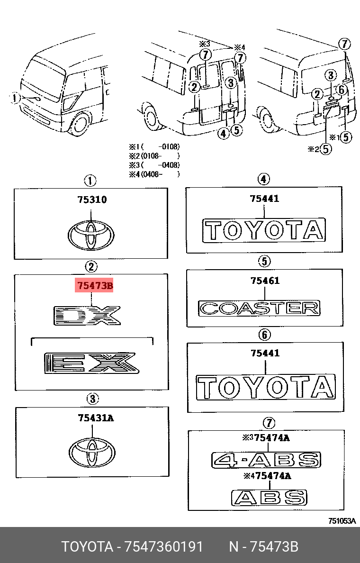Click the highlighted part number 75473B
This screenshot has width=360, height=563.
click(x=94, y=286)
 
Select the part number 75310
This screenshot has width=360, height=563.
click(x=92, y=200)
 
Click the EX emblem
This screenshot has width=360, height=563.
click(x=90, y=363)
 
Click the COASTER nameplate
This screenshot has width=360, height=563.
click(x=259, y=308)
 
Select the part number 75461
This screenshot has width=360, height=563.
click(x=265, y=281)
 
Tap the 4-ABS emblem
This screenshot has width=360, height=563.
click(x=266, y=460)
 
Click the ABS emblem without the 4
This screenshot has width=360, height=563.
click(x=269, y=497)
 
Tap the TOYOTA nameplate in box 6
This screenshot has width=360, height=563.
click(x=266, y=387)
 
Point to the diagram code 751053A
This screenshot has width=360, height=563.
click(x=342, y=521)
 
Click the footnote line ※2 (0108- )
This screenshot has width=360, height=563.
click(x=154, y=155)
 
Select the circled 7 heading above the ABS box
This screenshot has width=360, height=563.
click(x=268, y=422)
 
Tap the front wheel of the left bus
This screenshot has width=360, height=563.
click(x=81, y=124)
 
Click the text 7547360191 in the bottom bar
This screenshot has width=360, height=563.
click(x=163, y=547)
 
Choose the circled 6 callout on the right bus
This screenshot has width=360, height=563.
click(x=340, y=89)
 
